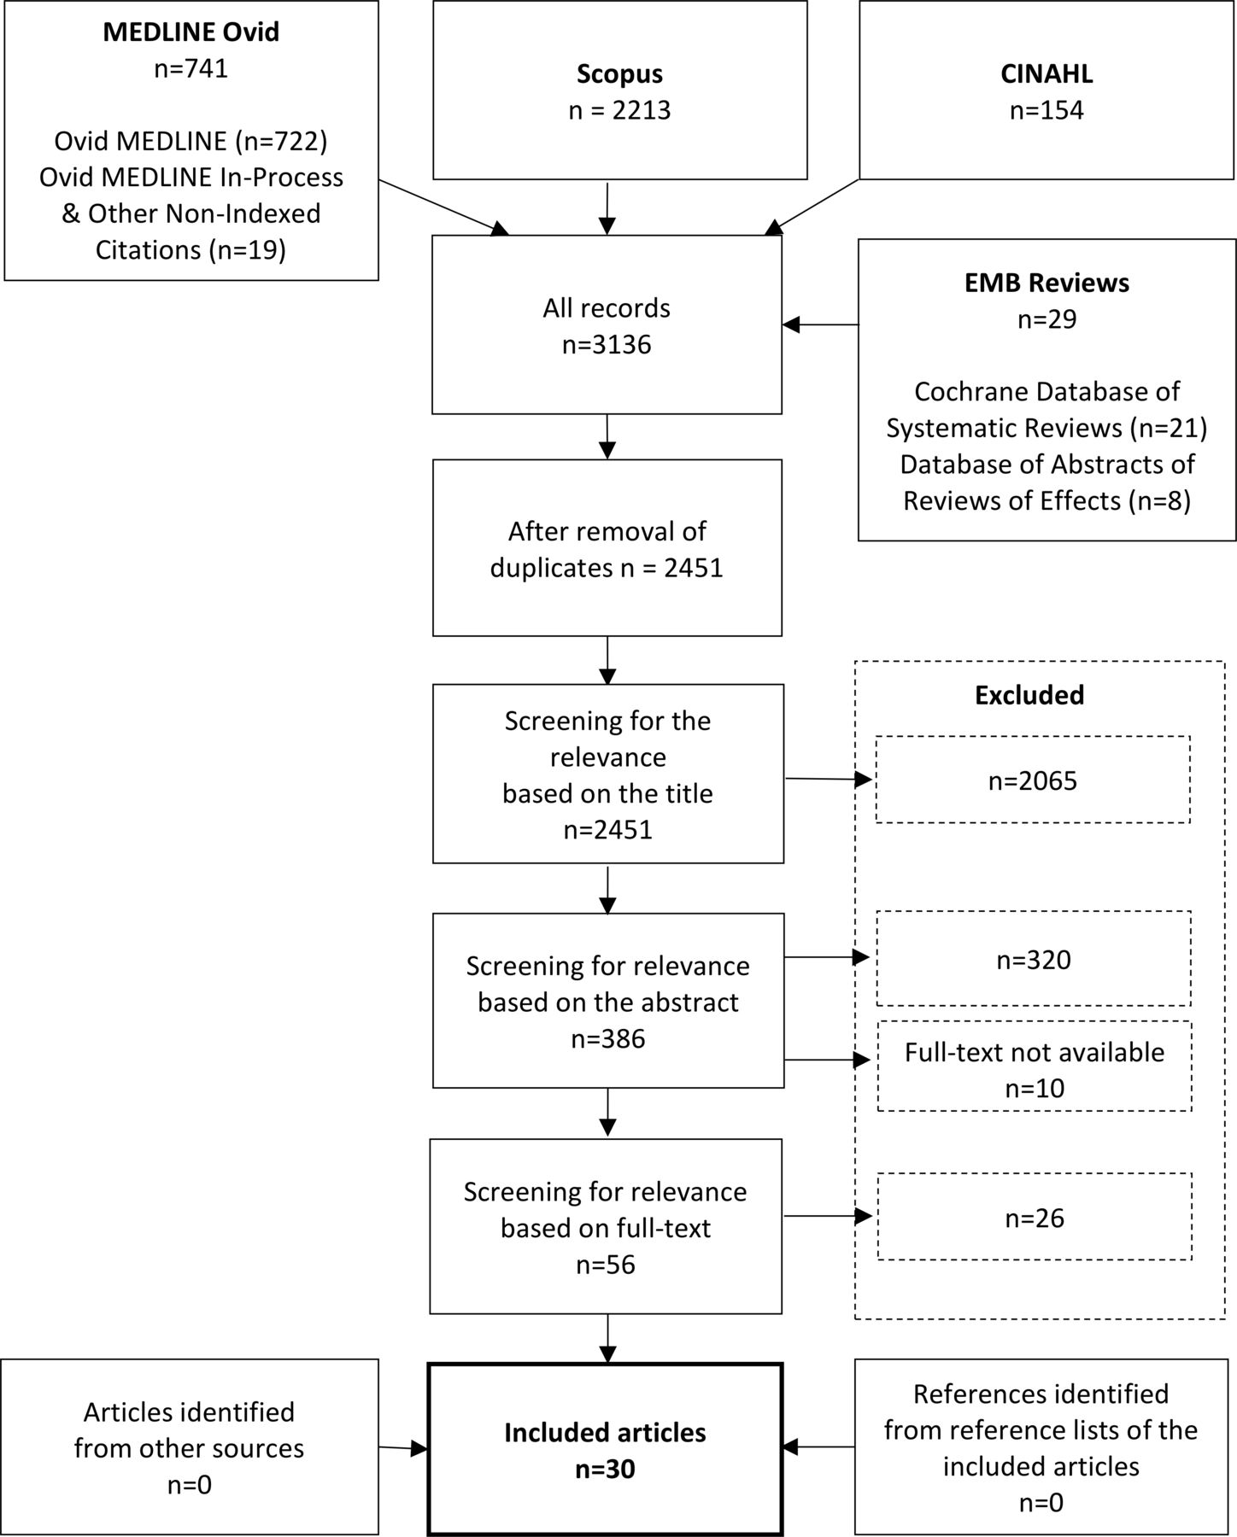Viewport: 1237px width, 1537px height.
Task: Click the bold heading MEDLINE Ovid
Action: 191,32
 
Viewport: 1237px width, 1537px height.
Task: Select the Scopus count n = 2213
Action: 619,110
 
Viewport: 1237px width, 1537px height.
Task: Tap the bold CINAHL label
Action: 1046,73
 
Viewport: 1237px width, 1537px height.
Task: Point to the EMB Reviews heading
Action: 1046,283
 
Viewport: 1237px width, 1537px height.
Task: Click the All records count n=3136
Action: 607,344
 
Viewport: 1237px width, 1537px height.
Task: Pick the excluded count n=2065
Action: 1033,780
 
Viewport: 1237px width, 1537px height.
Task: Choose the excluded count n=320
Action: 1034,960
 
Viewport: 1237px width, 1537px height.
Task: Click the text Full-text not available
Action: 1035,1052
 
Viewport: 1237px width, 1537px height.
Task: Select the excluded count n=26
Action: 1035,1217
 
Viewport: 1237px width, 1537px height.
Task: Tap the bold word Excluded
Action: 1029,695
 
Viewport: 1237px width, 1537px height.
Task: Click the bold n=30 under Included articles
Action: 605,1469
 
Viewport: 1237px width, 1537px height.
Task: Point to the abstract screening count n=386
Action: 607,1038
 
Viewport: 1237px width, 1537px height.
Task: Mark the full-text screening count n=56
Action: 606,1264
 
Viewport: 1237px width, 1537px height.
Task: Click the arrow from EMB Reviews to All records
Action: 820,324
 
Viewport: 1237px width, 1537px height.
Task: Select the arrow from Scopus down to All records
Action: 607,208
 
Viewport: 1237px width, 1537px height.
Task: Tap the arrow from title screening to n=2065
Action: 829,779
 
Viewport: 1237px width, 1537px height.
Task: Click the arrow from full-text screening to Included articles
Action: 607,1339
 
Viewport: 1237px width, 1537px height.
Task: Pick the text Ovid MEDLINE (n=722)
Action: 191,141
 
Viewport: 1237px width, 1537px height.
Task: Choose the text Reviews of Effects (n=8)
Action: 1046,500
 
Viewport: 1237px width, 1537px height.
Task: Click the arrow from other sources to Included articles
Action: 403,1447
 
